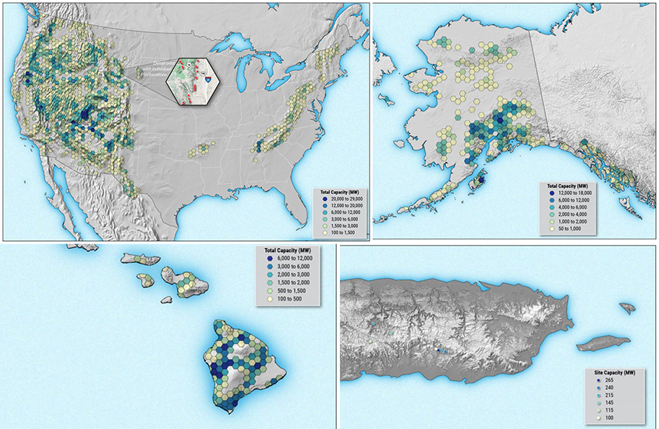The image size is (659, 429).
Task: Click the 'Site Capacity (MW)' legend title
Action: pyautogui.click(x=615, y=372)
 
